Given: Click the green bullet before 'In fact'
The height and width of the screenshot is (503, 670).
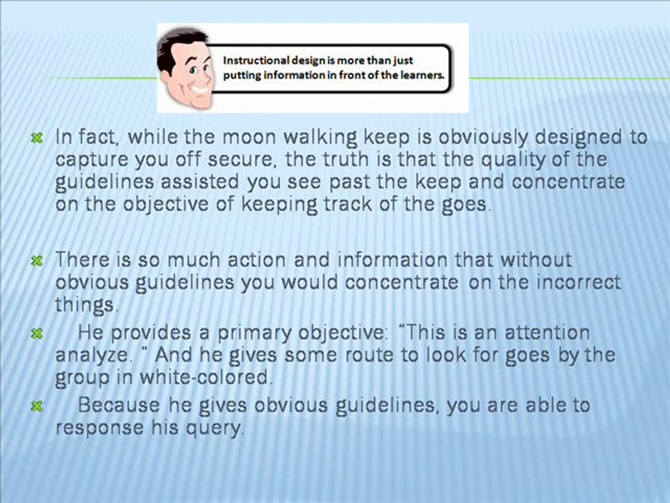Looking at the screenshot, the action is click(x=38, y=138).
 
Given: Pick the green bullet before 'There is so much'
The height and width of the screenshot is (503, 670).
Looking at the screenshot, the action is click(x=38, y=261).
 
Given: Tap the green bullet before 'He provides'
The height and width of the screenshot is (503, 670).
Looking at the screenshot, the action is click(x=38, y=334).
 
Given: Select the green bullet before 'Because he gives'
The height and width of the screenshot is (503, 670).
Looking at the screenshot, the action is click(x=38, y=406).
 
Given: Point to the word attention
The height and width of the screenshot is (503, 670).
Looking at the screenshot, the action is click(x=547, y=333).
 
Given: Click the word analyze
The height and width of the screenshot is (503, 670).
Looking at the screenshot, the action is click(x=92, y=356).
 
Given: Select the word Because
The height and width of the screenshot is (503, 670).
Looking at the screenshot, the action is click(x=119, y=405).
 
